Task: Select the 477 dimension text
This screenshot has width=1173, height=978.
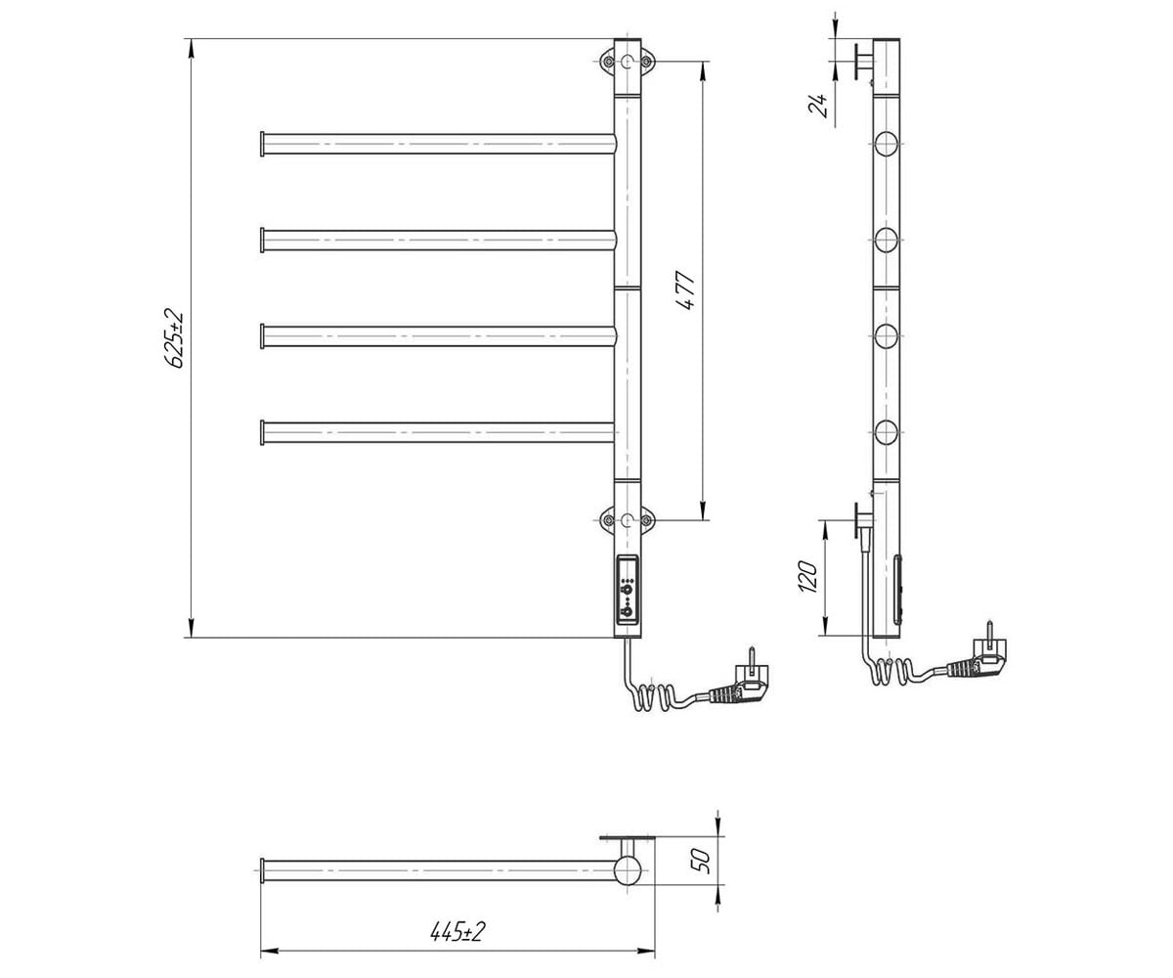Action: coord(686,290)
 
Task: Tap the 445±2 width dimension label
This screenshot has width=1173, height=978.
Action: coord(456,932)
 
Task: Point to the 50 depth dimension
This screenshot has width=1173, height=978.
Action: coord(702,860)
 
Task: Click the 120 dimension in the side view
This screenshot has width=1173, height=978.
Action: coord(807,576)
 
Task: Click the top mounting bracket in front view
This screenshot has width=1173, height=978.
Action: coord(627,62)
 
